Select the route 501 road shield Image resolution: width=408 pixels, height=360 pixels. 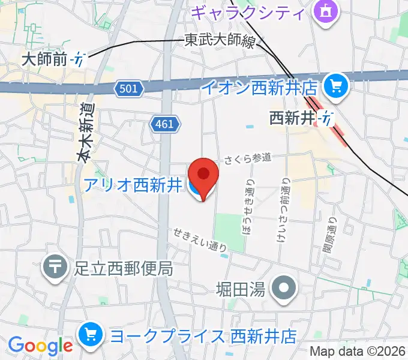click(x=130, y=89)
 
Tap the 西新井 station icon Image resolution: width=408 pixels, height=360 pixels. click(x=326, y=118)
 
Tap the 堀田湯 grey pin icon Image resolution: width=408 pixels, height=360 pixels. click(x=284, y=289)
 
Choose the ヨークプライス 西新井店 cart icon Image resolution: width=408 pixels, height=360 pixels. click(x=91, y=334)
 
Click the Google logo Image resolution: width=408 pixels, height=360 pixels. click(x=40, y=346)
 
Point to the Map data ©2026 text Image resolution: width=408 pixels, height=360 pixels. click(x=358, y=352)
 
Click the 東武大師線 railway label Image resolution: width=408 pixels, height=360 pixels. click(x=219, y=41)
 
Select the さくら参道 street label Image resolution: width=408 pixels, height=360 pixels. click(x=248, y=158)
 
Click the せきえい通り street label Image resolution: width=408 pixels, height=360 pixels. click(x=200, y=238)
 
